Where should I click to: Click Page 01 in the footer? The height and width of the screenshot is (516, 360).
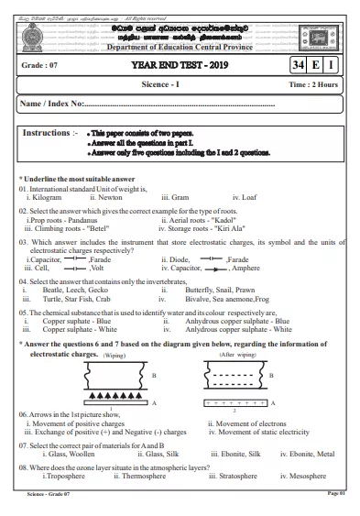tap(335, 495)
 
